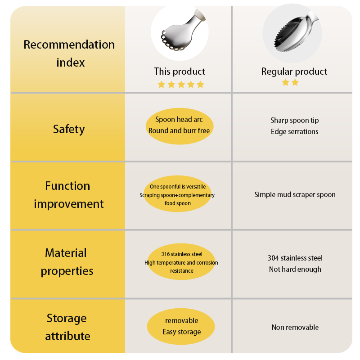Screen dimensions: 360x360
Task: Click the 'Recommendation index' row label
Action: [x=69, y=54]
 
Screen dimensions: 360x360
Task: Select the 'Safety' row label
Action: [x=69, y=129]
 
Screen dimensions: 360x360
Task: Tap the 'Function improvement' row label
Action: [x=68, y=195]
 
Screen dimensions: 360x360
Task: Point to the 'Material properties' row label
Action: [x=67, y=262]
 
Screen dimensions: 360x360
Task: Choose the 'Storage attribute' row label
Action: [x=67, y=327]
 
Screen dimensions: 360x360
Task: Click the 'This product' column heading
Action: [x=180, y=72]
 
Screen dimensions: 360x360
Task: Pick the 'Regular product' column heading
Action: [x=294, y=72]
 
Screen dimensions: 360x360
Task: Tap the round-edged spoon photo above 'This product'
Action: [x=180, y=32]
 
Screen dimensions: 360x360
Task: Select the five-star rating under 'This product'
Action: [x=181, y=85]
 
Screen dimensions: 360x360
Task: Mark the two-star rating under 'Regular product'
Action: [x=290, y=82]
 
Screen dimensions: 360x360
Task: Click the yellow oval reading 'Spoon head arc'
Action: [x=179, y=125]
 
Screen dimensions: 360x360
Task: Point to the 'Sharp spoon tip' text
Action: [x=294, y=120]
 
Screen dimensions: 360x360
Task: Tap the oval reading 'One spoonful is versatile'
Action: [x=177, y=195]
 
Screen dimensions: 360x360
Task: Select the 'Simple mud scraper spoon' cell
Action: [x=295, y=195]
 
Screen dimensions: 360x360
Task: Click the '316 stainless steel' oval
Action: [x=181, y=262]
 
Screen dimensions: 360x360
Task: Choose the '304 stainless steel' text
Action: [x=295, y=258]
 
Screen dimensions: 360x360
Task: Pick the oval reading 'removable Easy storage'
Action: [x=181, y=327]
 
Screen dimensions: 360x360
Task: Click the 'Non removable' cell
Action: [x=295, y=327]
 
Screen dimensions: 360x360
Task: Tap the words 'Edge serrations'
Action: [x=294, y=131]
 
